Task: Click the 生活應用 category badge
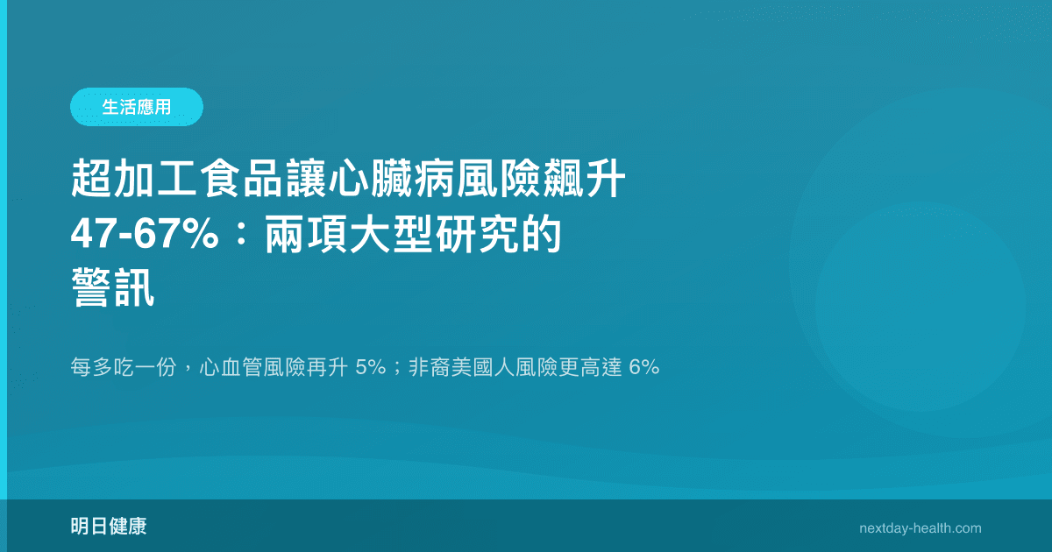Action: point(136,107)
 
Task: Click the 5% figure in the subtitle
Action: point(371,368)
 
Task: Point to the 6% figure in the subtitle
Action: point(643,368)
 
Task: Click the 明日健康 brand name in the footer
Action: point(108,527)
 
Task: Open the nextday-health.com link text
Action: point(920,528)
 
